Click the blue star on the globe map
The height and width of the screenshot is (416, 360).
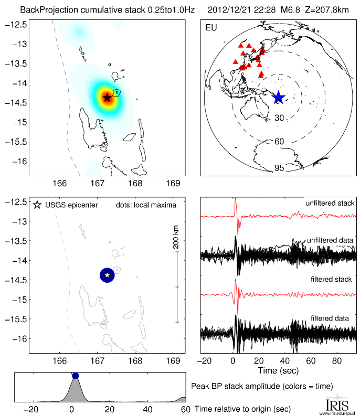278,98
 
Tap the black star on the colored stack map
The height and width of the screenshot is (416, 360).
107,97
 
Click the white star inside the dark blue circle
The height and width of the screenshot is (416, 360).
107,275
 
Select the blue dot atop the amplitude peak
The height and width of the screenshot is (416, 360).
75,376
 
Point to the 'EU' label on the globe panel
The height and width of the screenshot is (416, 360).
211,27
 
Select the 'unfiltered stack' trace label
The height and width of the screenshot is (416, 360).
330,203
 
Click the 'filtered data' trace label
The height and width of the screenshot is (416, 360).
335,318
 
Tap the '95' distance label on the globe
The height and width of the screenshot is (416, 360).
279,168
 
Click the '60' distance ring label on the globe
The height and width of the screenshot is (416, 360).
279,142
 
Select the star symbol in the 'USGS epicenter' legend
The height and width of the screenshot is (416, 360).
37,205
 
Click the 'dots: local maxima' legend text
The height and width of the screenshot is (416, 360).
145,205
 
